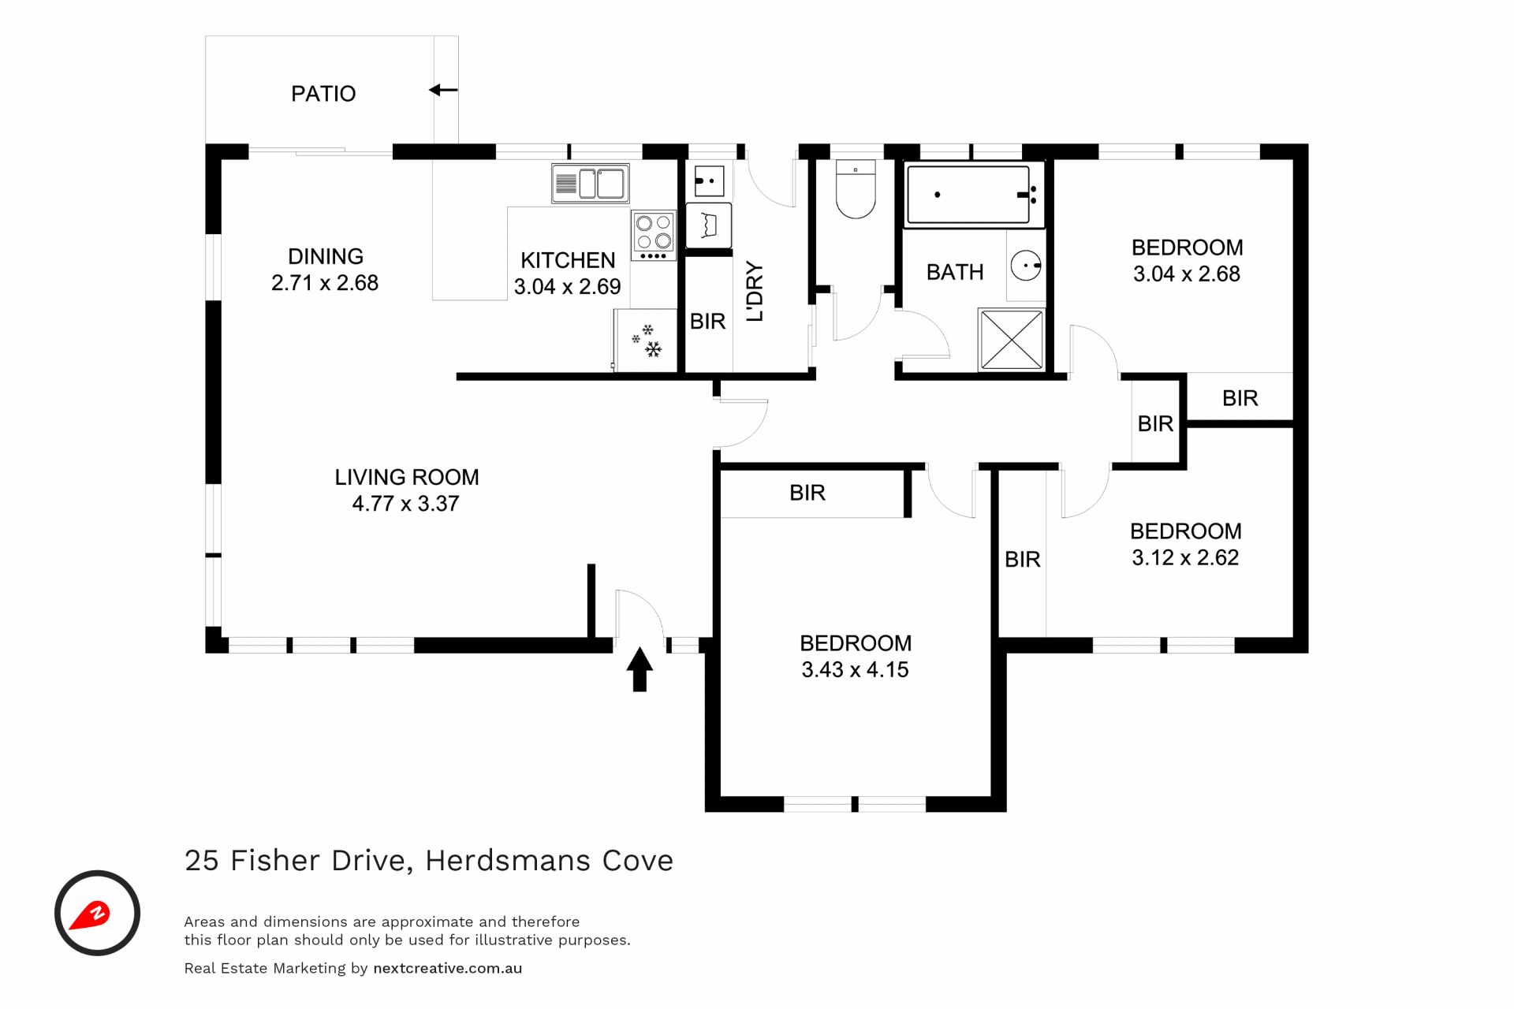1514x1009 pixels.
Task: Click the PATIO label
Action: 323,94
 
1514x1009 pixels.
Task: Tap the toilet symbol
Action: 856,189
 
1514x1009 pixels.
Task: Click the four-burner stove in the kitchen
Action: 654,235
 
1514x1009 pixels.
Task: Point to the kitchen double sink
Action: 590,184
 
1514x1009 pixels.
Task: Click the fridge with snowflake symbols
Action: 645,340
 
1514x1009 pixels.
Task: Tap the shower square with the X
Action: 1011,340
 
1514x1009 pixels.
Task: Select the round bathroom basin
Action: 1026,266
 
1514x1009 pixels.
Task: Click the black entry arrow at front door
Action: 640,669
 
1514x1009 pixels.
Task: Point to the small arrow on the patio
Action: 443,90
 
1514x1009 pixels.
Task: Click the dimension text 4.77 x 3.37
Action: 405,504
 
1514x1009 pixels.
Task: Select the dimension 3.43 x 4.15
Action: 855,670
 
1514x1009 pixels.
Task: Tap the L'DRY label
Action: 755,292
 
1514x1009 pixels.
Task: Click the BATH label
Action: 955,273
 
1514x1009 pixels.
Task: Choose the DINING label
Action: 326,256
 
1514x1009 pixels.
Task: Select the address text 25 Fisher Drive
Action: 299,861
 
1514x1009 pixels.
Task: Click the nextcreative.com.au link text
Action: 447,969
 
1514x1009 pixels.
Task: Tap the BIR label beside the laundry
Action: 707,322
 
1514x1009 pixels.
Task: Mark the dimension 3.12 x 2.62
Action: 1185,558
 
